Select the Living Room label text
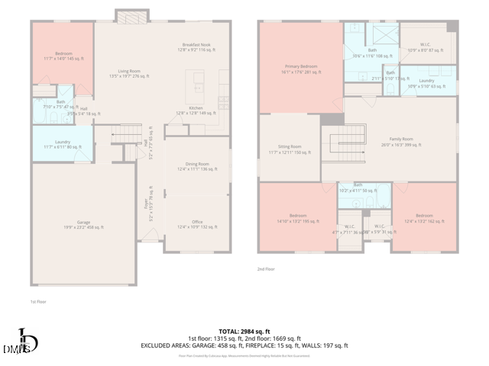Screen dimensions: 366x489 coord(129,74)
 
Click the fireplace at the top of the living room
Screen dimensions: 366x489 coord(127,16)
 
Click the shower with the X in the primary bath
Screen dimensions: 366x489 coord(381,35)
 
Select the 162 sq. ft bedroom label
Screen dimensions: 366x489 coord(424,217)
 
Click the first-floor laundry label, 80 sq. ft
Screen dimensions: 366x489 coord(63,144)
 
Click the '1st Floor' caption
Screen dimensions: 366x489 coord(38,302)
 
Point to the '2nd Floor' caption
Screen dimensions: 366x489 coord(266,268)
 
